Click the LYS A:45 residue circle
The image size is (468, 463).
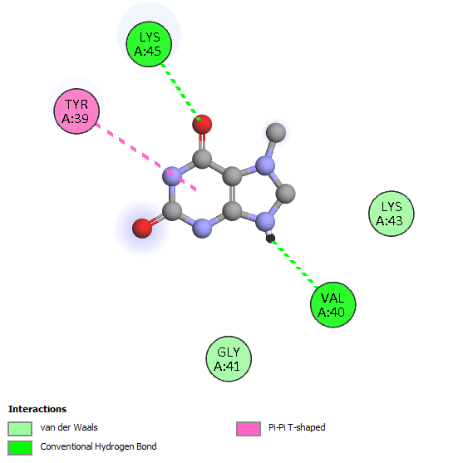(x=149, y=44)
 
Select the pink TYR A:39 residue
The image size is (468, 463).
(x=76, y=111)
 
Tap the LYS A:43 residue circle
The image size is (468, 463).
(x=392, y=214)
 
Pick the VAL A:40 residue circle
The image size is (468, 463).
(x=333, y=304)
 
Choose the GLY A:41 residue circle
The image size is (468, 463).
(x=229, y=359)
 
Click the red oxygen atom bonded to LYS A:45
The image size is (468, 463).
(x=202, y=125)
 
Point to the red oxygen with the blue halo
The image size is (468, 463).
(x=142, y=229)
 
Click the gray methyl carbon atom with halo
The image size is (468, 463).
(x=276, y=132)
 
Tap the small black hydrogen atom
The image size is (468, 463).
(x=270, y=239)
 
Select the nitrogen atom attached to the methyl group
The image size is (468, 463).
(x=265, y=165)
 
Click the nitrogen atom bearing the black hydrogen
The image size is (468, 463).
(x=265, y=221)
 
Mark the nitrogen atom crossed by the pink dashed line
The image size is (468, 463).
(x=172, y=176)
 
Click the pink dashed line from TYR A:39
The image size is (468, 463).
(x=146, y=157)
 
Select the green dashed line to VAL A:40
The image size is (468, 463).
(x=294, y=264)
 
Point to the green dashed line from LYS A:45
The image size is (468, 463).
(x=181, y=92)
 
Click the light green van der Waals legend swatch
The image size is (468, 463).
(x=20, y=429)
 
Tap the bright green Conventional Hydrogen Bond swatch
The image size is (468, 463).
(x=20, y=448)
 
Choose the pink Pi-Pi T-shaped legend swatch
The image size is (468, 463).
(x=249, y=429)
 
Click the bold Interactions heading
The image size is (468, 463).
(x=37, y=409)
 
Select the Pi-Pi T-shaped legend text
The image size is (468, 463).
(x=297, y=427)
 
